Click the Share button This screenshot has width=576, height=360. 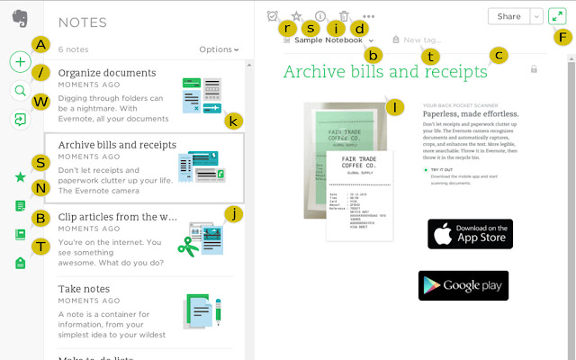(x=508, y=16)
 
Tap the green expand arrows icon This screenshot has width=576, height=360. (x=557, y=16)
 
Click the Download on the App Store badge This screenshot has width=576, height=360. (x=470, y=234)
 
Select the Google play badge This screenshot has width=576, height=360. (x=463, y=285)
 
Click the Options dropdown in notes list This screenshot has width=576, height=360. (x=219, y=49)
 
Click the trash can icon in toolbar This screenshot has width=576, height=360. (x=344, y=16)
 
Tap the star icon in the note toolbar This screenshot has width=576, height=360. (x=297, y=16)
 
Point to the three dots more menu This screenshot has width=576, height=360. (x=368, y=16)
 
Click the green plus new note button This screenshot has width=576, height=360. (x=20, y=62)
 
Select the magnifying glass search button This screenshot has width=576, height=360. (x=20, y=90)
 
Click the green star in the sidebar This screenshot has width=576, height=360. (x=20, y=177)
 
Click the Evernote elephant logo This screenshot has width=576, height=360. (x=19, y=17)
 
